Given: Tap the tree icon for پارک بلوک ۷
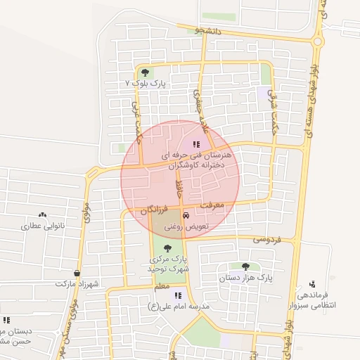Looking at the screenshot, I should tap(145, 72).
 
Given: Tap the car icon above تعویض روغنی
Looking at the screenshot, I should tap(186, 215).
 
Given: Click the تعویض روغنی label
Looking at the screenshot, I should tap(186, 227).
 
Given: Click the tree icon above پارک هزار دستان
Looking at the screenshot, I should tap(245, 266).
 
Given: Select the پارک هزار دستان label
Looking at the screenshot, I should tap(245, 278).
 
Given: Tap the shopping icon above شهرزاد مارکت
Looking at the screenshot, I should tap(76, 274).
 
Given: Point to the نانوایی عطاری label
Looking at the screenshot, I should tap(43, 226).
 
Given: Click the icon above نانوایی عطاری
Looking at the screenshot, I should tap(43, 215).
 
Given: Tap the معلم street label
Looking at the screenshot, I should tap(162, 287).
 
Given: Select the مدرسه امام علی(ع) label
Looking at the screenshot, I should tap(180, 307).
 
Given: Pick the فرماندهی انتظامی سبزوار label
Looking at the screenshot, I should tap(312, 300).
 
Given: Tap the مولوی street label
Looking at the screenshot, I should tap(86, 212).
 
